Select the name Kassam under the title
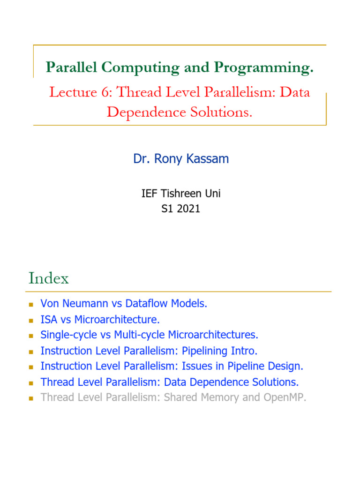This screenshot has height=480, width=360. (x=210, y=159)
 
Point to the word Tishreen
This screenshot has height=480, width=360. (x=180, y=194)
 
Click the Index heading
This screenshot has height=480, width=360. (x=48, y=278)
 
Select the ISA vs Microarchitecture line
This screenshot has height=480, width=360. (x=100, y=320)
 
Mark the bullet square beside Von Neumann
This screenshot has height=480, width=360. (x=31, y=304)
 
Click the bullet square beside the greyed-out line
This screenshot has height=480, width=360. (x=31, y=398)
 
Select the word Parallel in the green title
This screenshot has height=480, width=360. (x=71, y=68)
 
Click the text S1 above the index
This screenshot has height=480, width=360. (x=166, y=209)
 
